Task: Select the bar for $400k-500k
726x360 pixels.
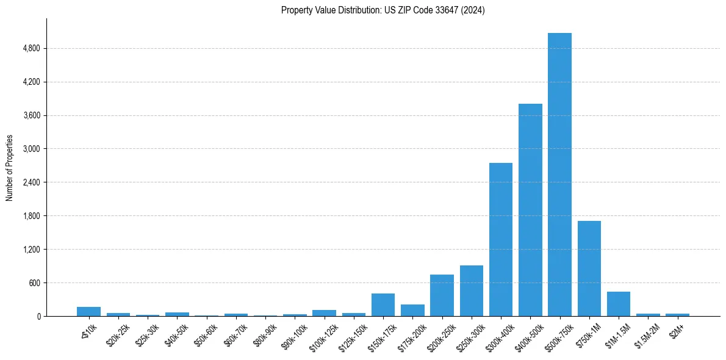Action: click(530, 210)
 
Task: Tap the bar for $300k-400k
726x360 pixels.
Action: click(501, 239)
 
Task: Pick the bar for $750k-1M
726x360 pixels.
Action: click(589, 268)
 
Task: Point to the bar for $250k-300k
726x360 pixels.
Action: click(472, 291)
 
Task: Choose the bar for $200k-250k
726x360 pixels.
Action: click(442, 295)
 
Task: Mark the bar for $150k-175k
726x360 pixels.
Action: click(383, 305)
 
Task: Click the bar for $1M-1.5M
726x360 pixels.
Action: click(619, 304)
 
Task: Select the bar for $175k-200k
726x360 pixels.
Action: click(412, 310)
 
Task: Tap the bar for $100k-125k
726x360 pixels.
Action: click(324, 313)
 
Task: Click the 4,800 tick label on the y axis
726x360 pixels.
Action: click(31, 49)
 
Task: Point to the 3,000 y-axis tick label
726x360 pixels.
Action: click(31, 149)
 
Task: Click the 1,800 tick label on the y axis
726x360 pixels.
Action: click(31, 216)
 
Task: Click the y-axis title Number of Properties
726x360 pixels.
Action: click(10, 168)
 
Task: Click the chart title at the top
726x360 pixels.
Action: click(383, 10)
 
